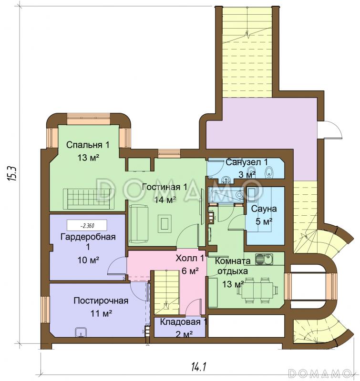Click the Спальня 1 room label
(88, 145)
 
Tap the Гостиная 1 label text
(165, 187)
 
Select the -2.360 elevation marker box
(87, 225)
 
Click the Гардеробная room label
(88, 236)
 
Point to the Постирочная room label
(101, 301)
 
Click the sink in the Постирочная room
(81, 332)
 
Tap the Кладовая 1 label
(184, 322)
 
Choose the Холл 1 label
(190, 258)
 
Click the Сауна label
(264, 209)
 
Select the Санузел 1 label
(247, 162)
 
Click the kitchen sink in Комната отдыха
(264, 259)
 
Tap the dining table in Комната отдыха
(261, 290)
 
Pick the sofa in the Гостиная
(138, 223)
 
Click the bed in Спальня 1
(89, 199)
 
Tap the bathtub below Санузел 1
(226, 194)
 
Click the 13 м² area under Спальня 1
(88, 158)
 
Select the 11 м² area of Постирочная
(101, 313)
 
